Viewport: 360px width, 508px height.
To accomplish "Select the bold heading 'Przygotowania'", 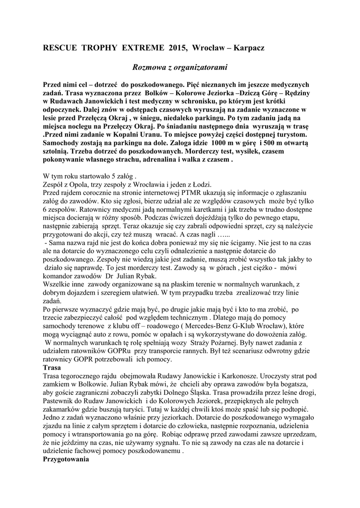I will [66, 460].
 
